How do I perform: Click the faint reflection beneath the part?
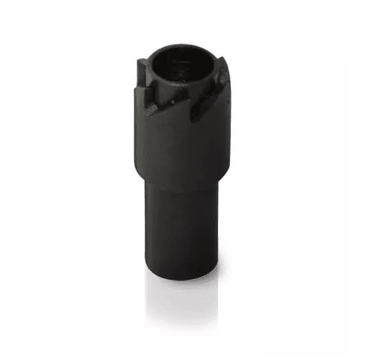pyautogui.click(x=183, y=296)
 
